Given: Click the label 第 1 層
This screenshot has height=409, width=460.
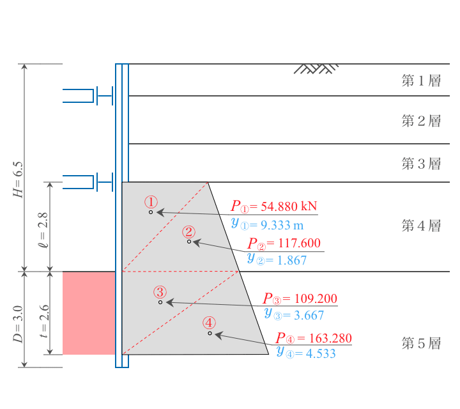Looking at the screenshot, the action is pyautogui.click(x=421, y=81).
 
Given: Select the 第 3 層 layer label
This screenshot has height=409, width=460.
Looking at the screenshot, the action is pyautogui.click(x=421, y=164).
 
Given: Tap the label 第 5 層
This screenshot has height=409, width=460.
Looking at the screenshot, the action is pyautogui.click(x=421, y=343).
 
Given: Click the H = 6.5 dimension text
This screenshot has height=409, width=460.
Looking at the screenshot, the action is pyautogui.click(x=18, y=180).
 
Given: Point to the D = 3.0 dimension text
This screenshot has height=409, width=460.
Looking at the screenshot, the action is pyautogui.click(x=18, y=324).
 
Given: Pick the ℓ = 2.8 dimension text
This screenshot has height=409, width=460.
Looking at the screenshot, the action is pyautogui.click(x=43, y=230).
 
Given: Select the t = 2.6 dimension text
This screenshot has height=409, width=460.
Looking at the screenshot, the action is pyautogui.click(x=44, y=321).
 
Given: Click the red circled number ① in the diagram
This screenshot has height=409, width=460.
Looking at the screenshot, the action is pyautogui.click(x=151, y=202).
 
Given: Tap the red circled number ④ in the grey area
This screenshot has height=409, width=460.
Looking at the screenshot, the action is pyautogui.click(x=209, y=323).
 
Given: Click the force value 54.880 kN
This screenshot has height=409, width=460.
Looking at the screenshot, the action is pyautogui.click(x=289, y=206).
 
